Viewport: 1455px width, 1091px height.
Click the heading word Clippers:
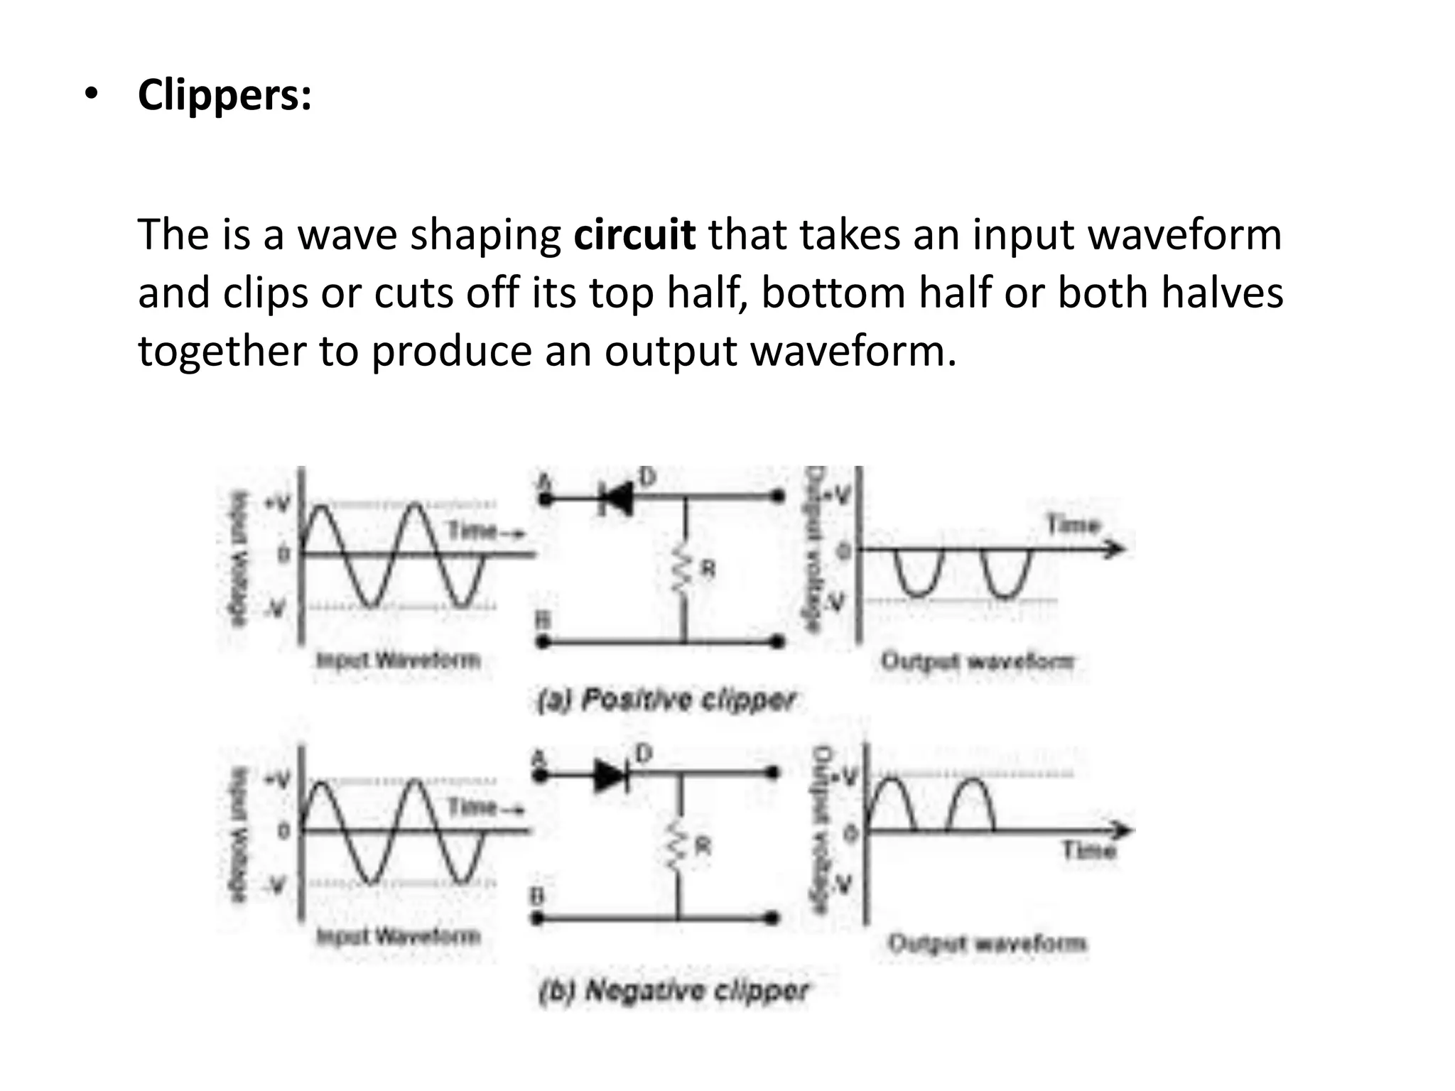[225, 94]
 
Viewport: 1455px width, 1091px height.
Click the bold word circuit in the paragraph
[634, 234]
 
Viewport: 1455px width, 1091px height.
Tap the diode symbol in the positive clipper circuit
[616, 499]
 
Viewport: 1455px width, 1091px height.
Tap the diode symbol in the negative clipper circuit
[610, 776]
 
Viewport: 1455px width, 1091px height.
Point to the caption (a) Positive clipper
[665, 700]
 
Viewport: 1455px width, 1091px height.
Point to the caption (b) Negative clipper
[673, 990]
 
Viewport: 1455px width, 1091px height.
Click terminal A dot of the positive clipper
[545, 500]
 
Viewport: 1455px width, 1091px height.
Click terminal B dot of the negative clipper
[538, 919]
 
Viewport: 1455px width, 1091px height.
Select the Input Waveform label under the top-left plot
[398, 661]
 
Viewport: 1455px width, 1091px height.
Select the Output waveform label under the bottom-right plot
[987, 943]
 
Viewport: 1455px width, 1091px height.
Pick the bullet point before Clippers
[90, 96]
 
